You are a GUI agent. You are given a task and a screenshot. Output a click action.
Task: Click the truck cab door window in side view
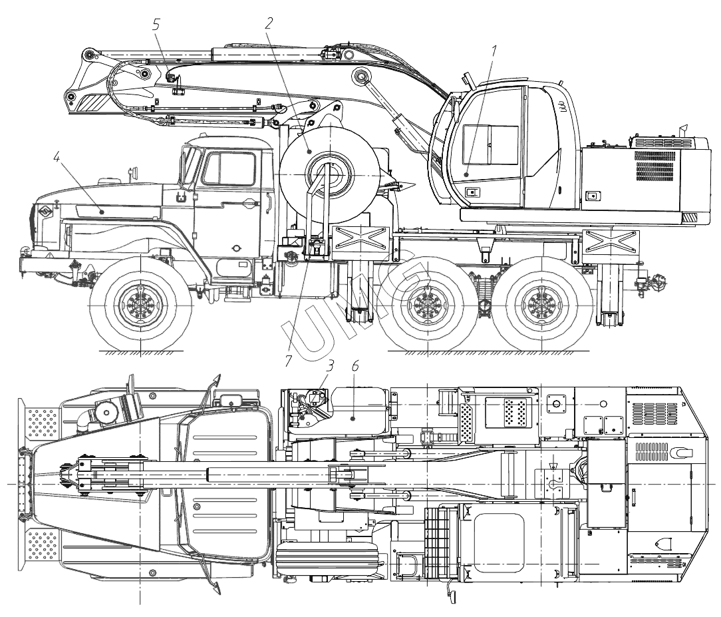(229, 168)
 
